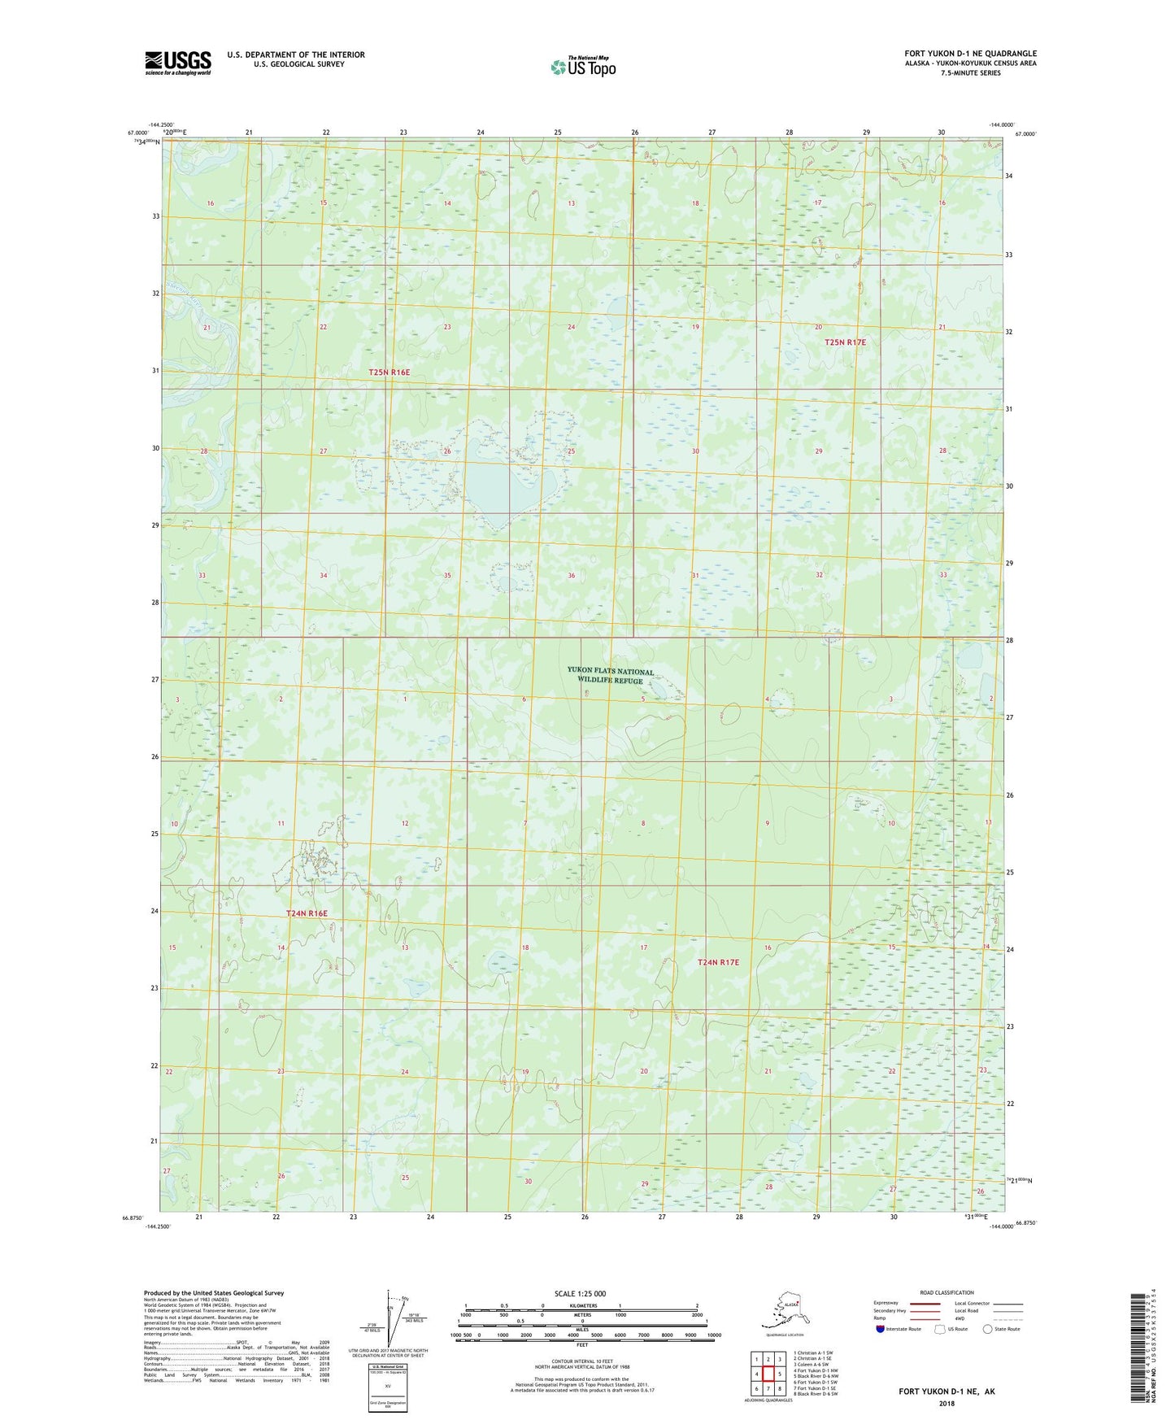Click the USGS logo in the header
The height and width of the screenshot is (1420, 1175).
point(177,63)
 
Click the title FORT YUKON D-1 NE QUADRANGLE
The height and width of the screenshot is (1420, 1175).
point(970,54)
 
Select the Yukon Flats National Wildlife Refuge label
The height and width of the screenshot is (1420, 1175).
point(610,676)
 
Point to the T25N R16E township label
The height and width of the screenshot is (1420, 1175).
point(389,372)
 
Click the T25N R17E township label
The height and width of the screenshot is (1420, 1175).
point(845,342)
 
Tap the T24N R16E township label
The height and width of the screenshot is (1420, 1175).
point(307,913)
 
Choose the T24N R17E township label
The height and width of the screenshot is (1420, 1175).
point(719,962)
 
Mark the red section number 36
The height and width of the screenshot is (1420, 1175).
point(572,576)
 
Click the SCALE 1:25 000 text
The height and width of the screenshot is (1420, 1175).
point(581,1294)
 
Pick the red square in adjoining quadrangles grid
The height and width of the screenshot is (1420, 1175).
point(768,1374)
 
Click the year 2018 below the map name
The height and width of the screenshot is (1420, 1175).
point(947,1403)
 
